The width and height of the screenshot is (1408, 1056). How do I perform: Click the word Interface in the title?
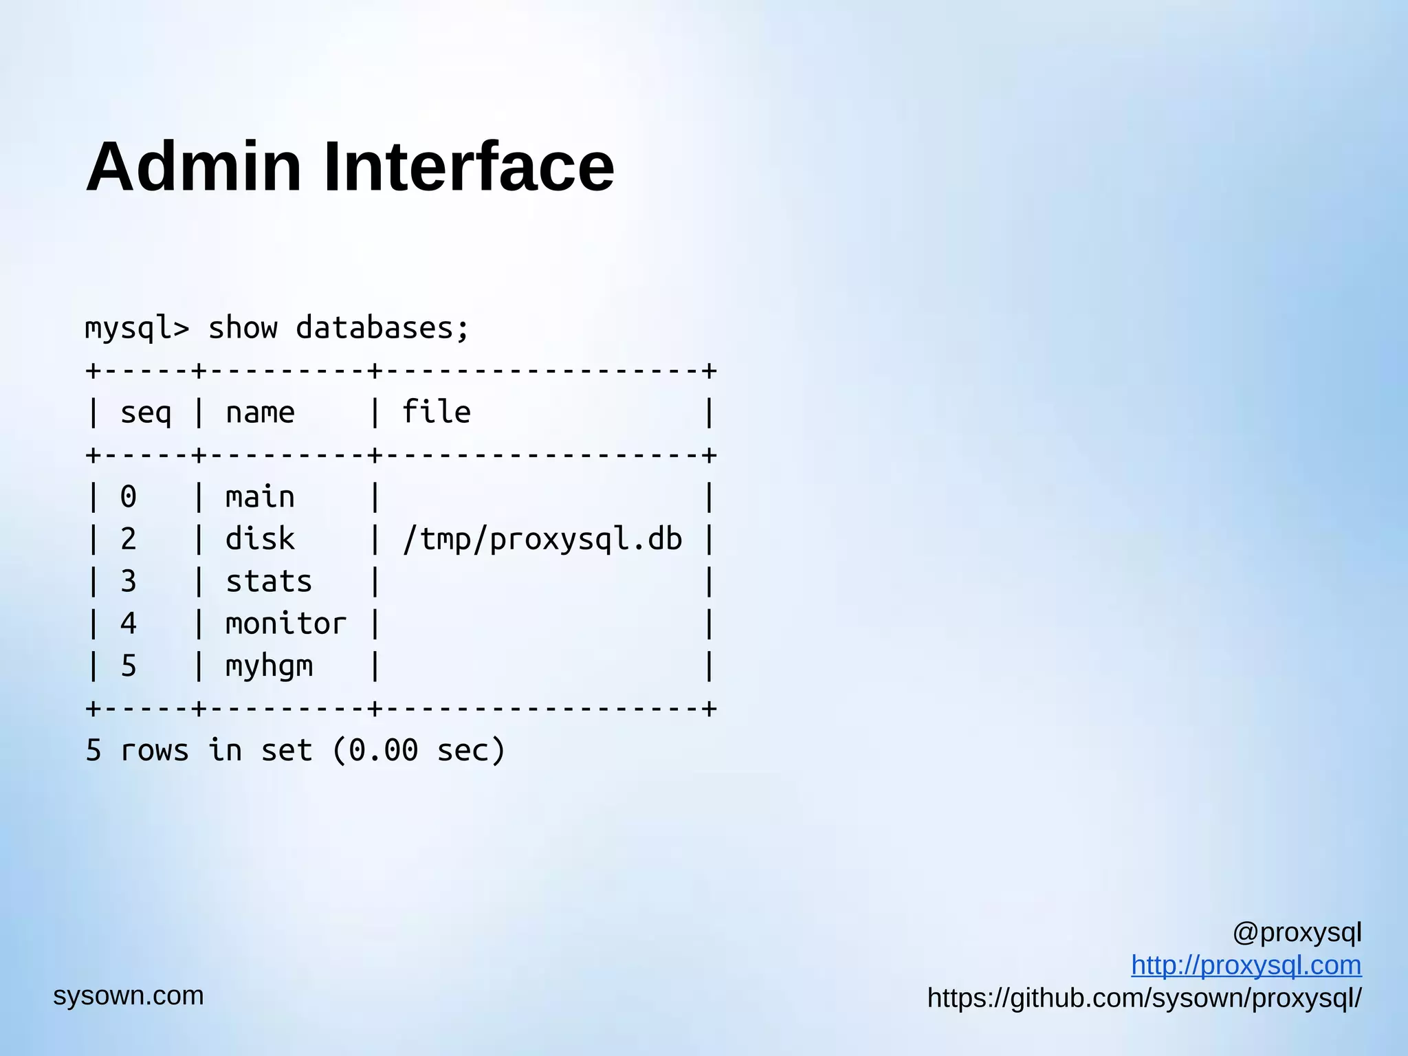[468, 167]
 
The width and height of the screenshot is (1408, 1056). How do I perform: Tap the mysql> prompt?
[137, 328]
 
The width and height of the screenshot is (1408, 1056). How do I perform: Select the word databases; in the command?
[382, 328]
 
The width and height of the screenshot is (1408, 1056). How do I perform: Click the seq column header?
[145, 413]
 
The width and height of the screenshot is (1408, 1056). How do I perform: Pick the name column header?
[260, 413]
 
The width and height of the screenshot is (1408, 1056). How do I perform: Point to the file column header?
[436, 412]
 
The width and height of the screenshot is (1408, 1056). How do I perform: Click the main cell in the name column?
[260, 497]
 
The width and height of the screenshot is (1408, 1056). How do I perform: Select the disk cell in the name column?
[260, 539]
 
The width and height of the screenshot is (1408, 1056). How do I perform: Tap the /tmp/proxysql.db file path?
[542, 540]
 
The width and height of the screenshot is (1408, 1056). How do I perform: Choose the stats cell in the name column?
[269, 582]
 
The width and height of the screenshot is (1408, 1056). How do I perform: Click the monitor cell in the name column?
[286, 624]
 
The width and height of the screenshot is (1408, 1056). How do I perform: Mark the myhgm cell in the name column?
[269, 666]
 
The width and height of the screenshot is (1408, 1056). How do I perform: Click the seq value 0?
[129, 497]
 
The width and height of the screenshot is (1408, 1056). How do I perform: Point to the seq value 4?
[129, 624]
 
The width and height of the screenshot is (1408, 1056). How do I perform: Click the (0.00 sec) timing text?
[418, 750]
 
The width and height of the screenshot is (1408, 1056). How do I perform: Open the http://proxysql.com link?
[1246, 965]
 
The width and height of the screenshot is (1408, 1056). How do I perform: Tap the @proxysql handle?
[1297, 933]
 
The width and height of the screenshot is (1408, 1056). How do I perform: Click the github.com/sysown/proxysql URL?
[1144, 998]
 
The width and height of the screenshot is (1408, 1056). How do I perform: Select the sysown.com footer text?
[129, 995]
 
